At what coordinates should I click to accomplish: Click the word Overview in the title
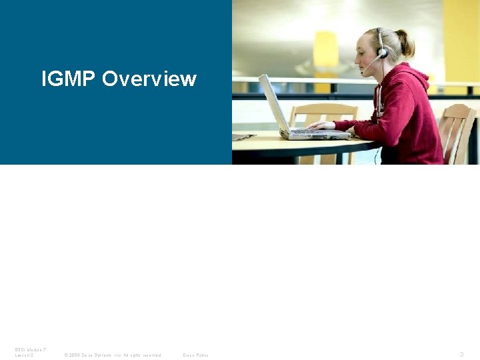click(149, 79)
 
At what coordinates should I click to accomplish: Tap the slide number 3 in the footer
click(461, 354)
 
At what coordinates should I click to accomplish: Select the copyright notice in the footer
click(112, 355)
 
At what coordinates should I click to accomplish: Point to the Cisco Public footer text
click(195, 355)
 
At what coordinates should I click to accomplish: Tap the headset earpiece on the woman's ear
click(382, 52)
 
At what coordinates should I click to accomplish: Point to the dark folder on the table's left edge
click(243, 137)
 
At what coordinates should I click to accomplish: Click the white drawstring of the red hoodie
click(379, 100)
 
